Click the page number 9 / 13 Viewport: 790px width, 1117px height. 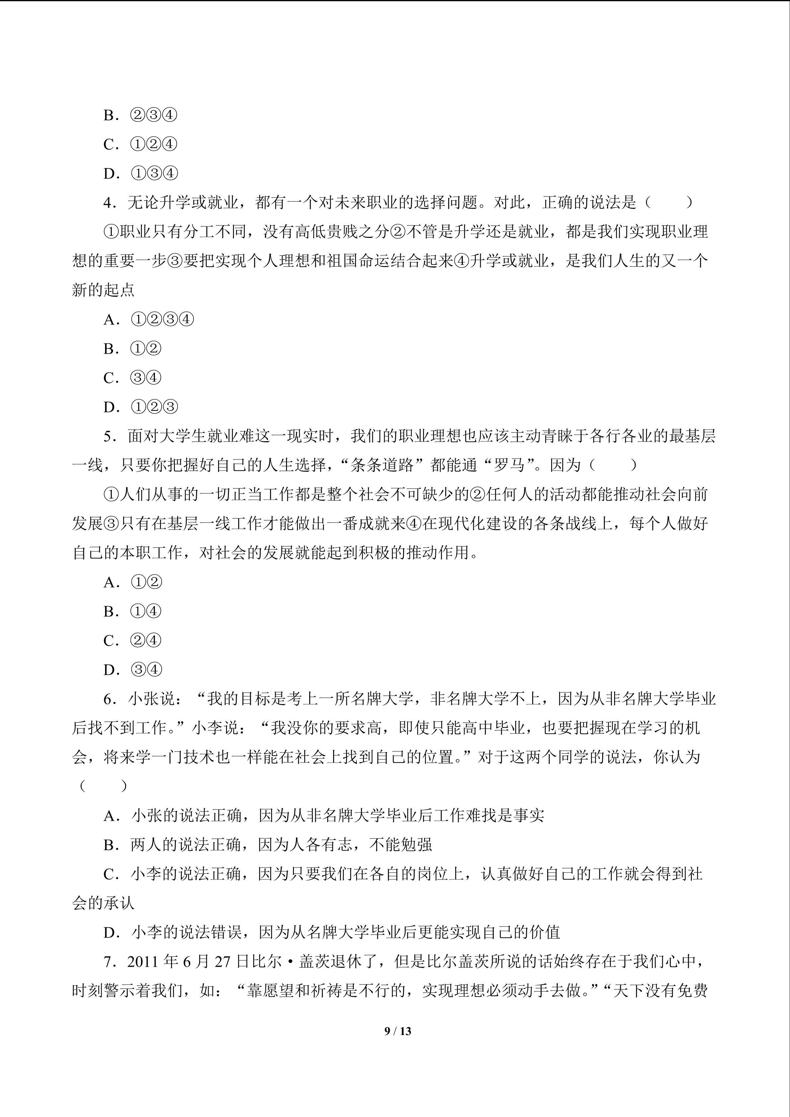coord(397,1031)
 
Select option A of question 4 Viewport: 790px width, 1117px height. coord(148,319)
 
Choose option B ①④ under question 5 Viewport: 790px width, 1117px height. coord(132,611)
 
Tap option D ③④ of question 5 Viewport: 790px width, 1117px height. coord(133,670)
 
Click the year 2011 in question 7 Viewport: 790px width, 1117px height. coord(144,962)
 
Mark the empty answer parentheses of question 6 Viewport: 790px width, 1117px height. coord(103,787)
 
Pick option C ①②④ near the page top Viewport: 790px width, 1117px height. coord(141,145)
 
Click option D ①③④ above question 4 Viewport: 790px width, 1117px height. coord(141,174)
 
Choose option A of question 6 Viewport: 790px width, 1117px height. coord(323,816)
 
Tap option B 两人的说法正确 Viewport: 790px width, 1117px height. coord(267,845)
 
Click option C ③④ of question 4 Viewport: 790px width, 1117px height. coord(132,378)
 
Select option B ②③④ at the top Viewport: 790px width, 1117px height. coord(141,115)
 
